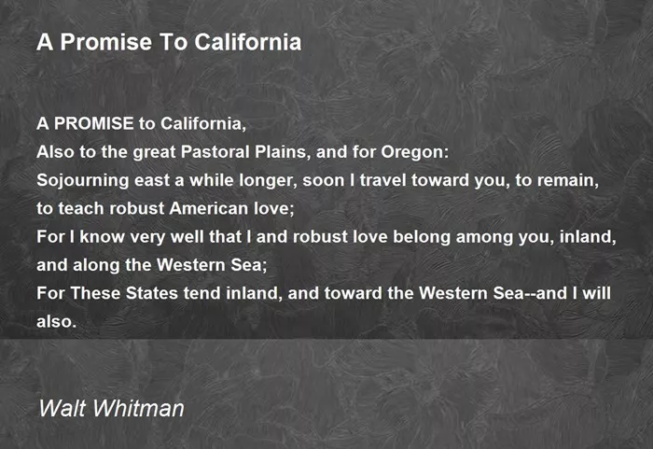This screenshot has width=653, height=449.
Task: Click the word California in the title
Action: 248,42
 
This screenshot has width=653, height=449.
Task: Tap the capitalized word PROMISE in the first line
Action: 93,123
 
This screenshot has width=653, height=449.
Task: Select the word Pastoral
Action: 215,152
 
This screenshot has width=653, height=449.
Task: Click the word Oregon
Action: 415,153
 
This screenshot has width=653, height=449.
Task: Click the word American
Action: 209,208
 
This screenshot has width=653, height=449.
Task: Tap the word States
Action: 152,293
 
